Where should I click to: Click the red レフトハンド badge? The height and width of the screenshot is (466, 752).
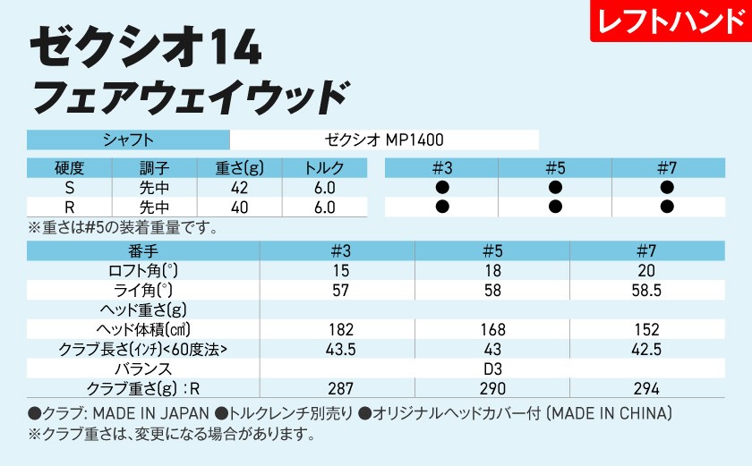click(x=670, y=22)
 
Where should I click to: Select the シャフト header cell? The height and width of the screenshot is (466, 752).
click(x=129, y=140)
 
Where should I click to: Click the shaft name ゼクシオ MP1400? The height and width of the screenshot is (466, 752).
click(x=384, y=140)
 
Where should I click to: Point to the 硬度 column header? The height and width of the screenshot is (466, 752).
click(x=69, y=168)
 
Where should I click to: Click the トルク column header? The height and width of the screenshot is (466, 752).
click(x=324, y=168)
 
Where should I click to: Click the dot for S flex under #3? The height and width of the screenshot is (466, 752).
click(x=442, y=188)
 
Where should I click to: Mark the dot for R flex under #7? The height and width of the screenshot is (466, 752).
click(x=666, y=208)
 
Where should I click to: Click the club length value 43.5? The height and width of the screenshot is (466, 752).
click(x=341, y=349)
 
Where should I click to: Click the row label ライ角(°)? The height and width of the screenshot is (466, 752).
click(x=140, y=291)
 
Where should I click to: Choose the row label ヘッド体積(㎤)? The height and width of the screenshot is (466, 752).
click(x=140, y=329)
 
